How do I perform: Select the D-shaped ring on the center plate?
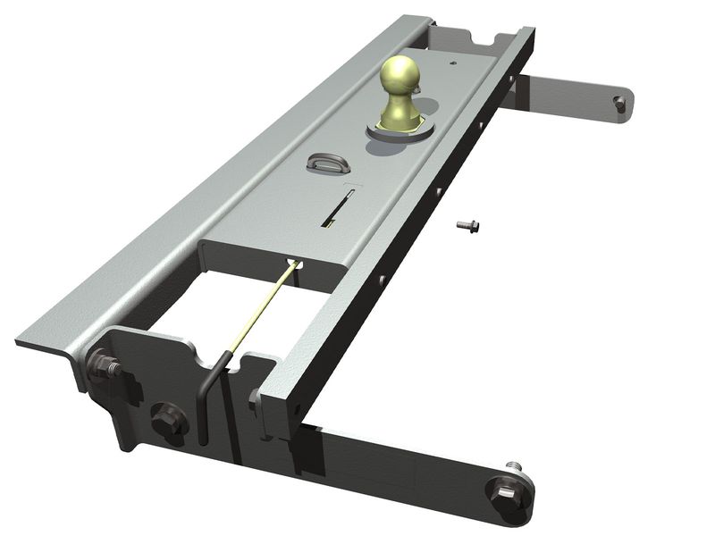point(323,162)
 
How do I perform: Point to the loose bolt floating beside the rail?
point(467,226)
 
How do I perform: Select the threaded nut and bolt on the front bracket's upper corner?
point(104,365)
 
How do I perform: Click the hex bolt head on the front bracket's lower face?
point(166,417)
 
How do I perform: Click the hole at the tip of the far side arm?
point(619,105)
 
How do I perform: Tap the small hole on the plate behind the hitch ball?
point(454,63)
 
